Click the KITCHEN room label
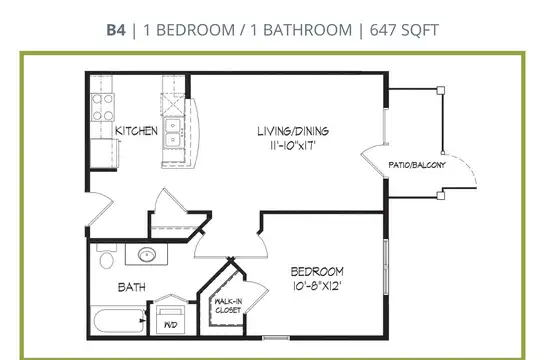pos(136,131)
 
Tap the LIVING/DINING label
pos(293,131)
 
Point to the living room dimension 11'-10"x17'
pos(293,145)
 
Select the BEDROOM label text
pos(317,272)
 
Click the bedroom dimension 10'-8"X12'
pos(317,286)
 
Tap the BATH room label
pos(132,287)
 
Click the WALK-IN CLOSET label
pos(228,306)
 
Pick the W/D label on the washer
pos(170,325)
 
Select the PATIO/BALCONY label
pos(417,165)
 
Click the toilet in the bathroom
pos(106,256)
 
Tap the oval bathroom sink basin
pos(147,255)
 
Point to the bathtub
pos(118,320)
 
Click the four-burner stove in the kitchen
pos(103,107)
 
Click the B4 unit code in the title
pos(116,30)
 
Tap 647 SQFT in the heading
pos(404,30)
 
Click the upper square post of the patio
pos(441,91)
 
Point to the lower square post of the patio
pos(441,196)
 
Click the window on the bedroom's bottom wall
pos(276,338)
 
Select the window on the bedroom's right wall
pos(386,267)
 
